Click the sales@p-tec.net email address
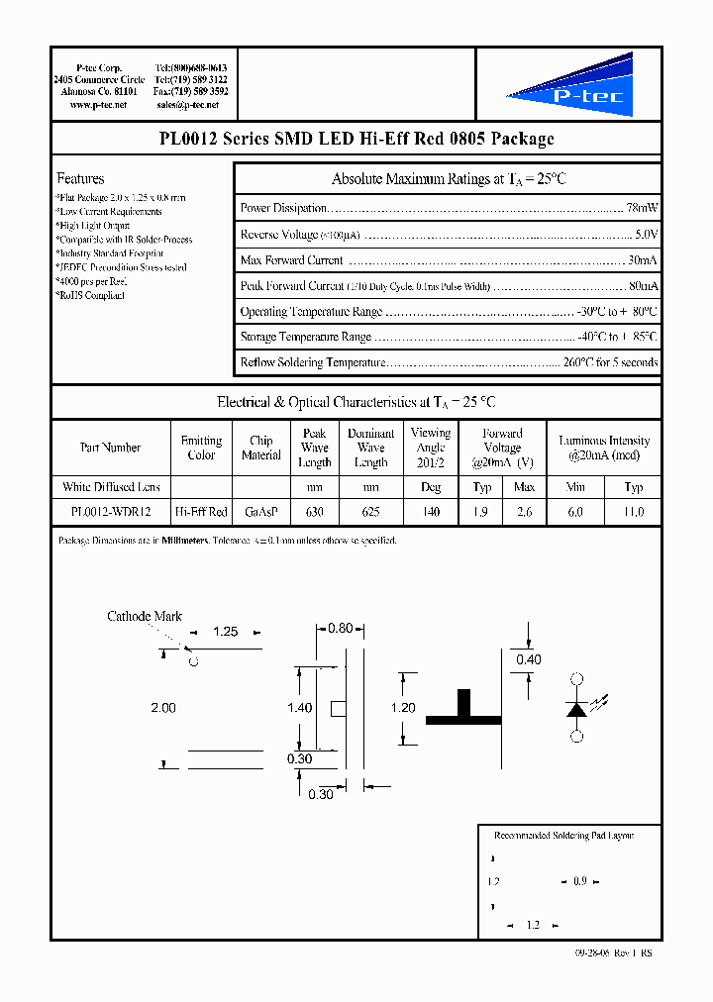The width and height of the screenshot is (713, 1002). coord(191,104)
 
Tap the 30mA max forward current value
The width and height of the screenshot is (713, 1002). coord(643,260)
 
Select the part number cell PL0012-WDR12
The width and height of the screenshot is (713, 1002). coord(110,512)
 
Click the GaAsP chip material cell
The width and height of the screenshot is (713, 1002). coord(261,512)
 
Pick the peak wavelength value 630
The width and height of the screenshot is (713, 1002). coord(314,512)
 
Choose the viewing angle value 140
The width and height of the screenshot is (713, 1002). coord(431,512)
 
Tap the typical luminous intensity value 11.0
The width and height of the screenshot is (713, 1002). coord(634,512)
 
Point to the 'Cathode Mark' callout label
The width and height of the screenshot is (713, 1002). coord(144,616)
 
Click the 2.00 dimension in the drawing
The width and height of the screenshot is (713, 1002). coord(162,708)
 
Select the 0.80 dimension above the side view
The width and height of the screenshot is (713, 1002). coord(340,628)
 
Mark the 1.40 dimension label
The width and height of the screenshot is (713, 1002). coord(299,708)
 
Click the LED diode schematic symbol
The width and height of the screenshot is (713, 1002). coord(577,708)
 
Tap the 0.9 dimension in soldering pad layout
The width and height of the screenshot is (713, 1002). coord(580,881)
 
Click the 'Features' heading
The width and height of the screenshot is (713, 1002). coord(80,178)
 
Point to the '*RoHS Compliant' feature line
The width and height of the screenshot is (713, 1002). coord(91,295)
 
